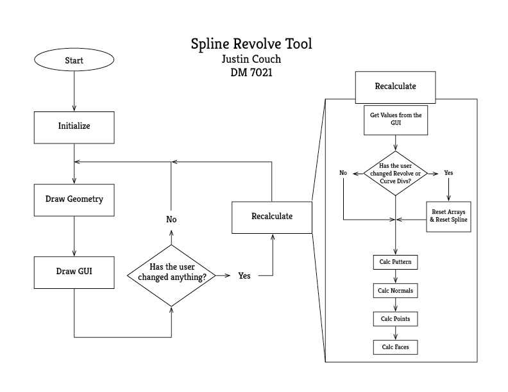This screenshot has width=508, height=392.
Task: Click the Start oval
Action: (x=74, y=61)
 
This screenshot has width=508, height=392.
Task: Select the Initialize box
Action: (x=74, y=126)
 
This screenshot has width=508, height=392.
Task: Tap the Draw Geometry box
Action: (x=74, y=199)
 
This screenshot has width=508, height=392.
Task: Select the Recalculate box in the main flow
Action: (x=272, y=216)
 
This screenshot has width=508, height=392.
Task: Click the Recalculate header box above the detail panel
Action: (x=396, y=86)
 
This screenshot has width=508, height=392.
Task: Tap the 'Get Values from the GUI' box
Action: (x=396, y=120)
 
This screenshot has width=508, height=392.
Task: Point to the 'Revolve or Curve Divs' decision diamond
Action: (x=396, y=174)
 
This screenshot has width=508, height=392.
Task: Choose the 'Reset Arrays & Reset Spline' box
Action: (x=448, y=216)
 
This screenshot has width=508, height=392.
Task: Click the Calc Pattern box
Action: (x=396, y=263)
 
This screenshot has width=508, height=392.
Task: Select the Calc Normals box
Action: (x=396, y=291)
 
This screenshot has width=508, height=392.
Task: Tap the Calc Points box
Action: (x=396, y=318)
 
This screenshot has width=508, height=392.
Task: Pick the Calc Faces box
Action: (x=396, y=347)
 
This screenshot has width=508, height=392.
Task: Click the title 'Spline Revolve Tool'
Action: (x=252, y=45)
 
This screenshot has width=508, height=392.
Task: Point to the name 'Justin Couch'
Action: (x=252, y=60)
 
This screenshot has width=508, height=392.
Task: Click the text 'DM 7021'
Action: (x=252, y=73)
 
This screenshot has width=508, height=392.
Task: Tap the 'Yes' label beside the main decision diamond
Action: (x=244, y=276)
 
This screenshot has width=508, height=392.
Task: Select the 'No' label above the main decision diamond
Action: (x=171, y=220)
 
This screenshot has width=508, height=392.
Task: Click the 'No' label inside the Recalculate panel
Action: (x=343, y=173)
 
